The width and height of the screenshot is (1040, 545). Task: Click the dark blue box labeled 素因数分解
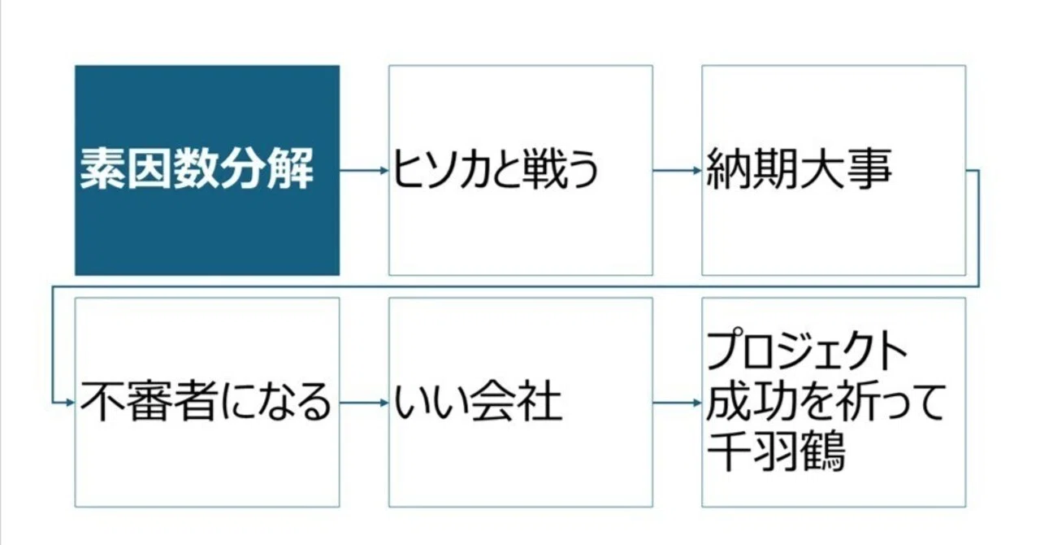coord(207,170)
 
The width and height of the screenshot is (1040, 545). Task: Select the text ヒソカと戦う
coord(496,169)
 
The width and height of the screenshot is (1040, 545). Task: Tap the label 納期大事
coord(799,169)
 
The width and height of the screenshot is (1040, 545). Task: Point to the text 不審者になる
coord(206,402)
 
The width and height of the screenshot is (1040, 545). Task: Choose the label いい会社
coord(478,402)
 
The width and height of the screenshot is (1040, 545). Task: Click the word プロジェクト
coord(807,350)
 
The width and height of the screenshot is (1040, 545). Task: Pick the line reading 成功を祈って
coord(825,402)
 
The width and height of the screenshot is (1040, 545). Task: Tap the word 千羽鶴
coord(775,452)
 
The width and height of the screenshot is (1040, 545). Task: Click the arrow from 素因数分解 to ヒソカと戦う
coord(364,171)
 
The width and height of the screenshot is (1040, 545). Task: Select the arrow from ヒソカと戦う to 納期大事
coord(678,171)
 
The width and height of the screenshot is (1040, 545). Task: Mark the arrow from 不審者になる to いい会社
coord(364,403)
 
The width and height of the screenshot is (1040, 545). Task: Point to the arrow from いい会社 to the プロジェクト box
coord(678,403)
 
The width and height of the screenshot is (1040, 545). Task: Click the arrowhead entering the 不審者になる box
coord(71,403)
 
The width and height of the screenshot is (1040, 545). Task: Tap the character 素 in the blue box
coord(102,169)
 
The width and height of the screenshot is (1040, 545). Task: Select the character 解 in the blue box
coord(291,169)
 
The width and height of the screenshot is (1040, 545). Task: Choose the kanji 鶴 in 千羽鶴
coord(822,452)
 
